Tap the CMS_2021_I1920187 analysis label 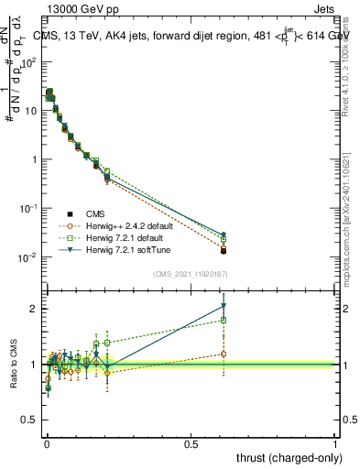coord(190,273)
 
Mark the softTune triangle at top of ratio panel coord(223,306)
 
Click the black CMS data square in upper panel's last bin coord(223,250)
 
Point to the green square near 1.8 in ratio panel coord(223,320)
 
